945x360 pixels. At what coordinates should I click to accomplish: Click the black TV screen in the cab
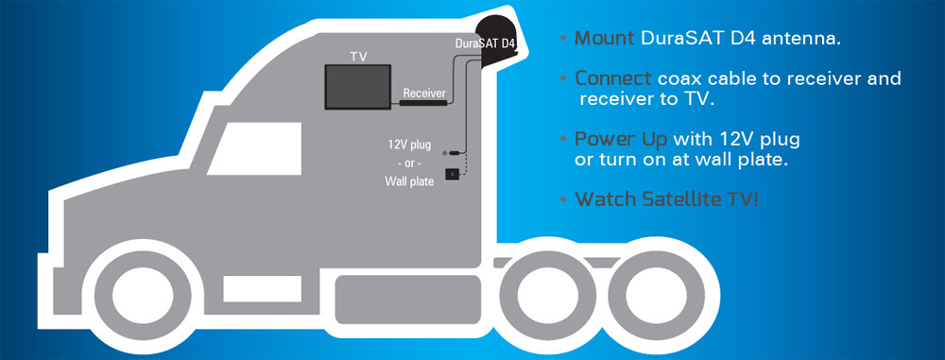(x=358, y=87)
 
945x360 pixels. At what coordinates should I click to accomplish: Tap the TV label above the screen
(x=358, y=57)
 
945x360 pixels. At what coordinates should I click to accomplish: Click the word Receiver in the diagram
(x=424, y=93)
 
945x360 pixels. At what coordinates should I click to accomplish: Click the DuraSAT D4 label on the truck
(x=486, y=43)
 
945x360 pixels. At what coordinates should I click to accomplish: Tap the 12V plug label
(x=409, y=146)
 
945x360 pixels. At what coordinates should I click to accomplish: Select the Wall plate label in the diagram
(x=409, y=181)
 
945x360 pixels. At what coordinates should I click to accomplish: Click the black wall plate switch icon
(x=452, y=174)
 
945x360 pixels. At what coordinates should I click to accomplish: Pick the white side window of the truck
(x=255, y=148)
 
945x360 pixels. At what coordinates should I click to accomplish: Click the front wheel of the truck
(x=143, y=294)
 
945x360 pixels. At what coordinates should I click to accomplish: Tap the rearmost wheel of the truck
(x=657, y=294)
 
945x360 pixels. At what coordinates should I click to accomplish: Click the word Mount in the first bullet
(x=604, y=39)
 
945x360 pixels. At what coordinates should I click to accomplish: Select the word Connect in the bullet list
(x=613, y=78)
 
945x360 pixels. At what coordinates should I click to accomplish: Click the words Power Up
(x=621, y=141)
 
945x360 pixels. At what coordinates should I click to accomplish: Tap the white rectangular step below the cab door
(x=262, y=289)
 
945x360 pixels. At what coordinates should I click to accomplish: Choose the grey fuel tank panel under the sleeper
(x=408, y=300)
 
